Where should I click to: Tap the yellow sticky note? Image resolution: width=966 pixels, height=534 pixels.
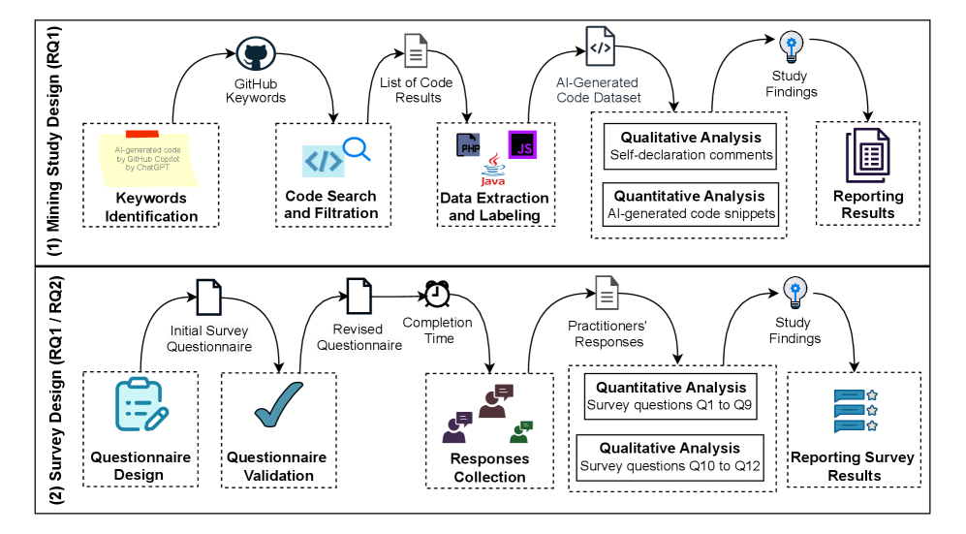tap(148, 158)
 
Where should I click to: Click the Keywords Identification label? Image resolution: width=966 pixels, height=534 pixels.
tap(151, 207)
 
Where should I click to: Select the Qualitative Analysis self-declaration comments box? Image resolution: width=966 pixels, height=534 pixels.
tap(690, 145)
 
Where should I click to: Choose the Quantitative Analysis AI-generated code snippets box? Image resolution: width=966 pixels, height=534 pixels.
tap(690, 204)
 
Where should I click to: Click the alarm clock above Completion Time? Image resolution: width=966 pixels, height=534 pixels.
tap(436, 293)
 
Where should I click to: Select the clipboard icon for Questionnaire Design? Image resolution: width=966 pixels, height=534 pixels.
tap(140, 405)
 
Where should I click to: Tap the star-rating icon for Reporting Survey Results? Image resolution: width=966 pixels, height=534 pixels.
tap(856, 411)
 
